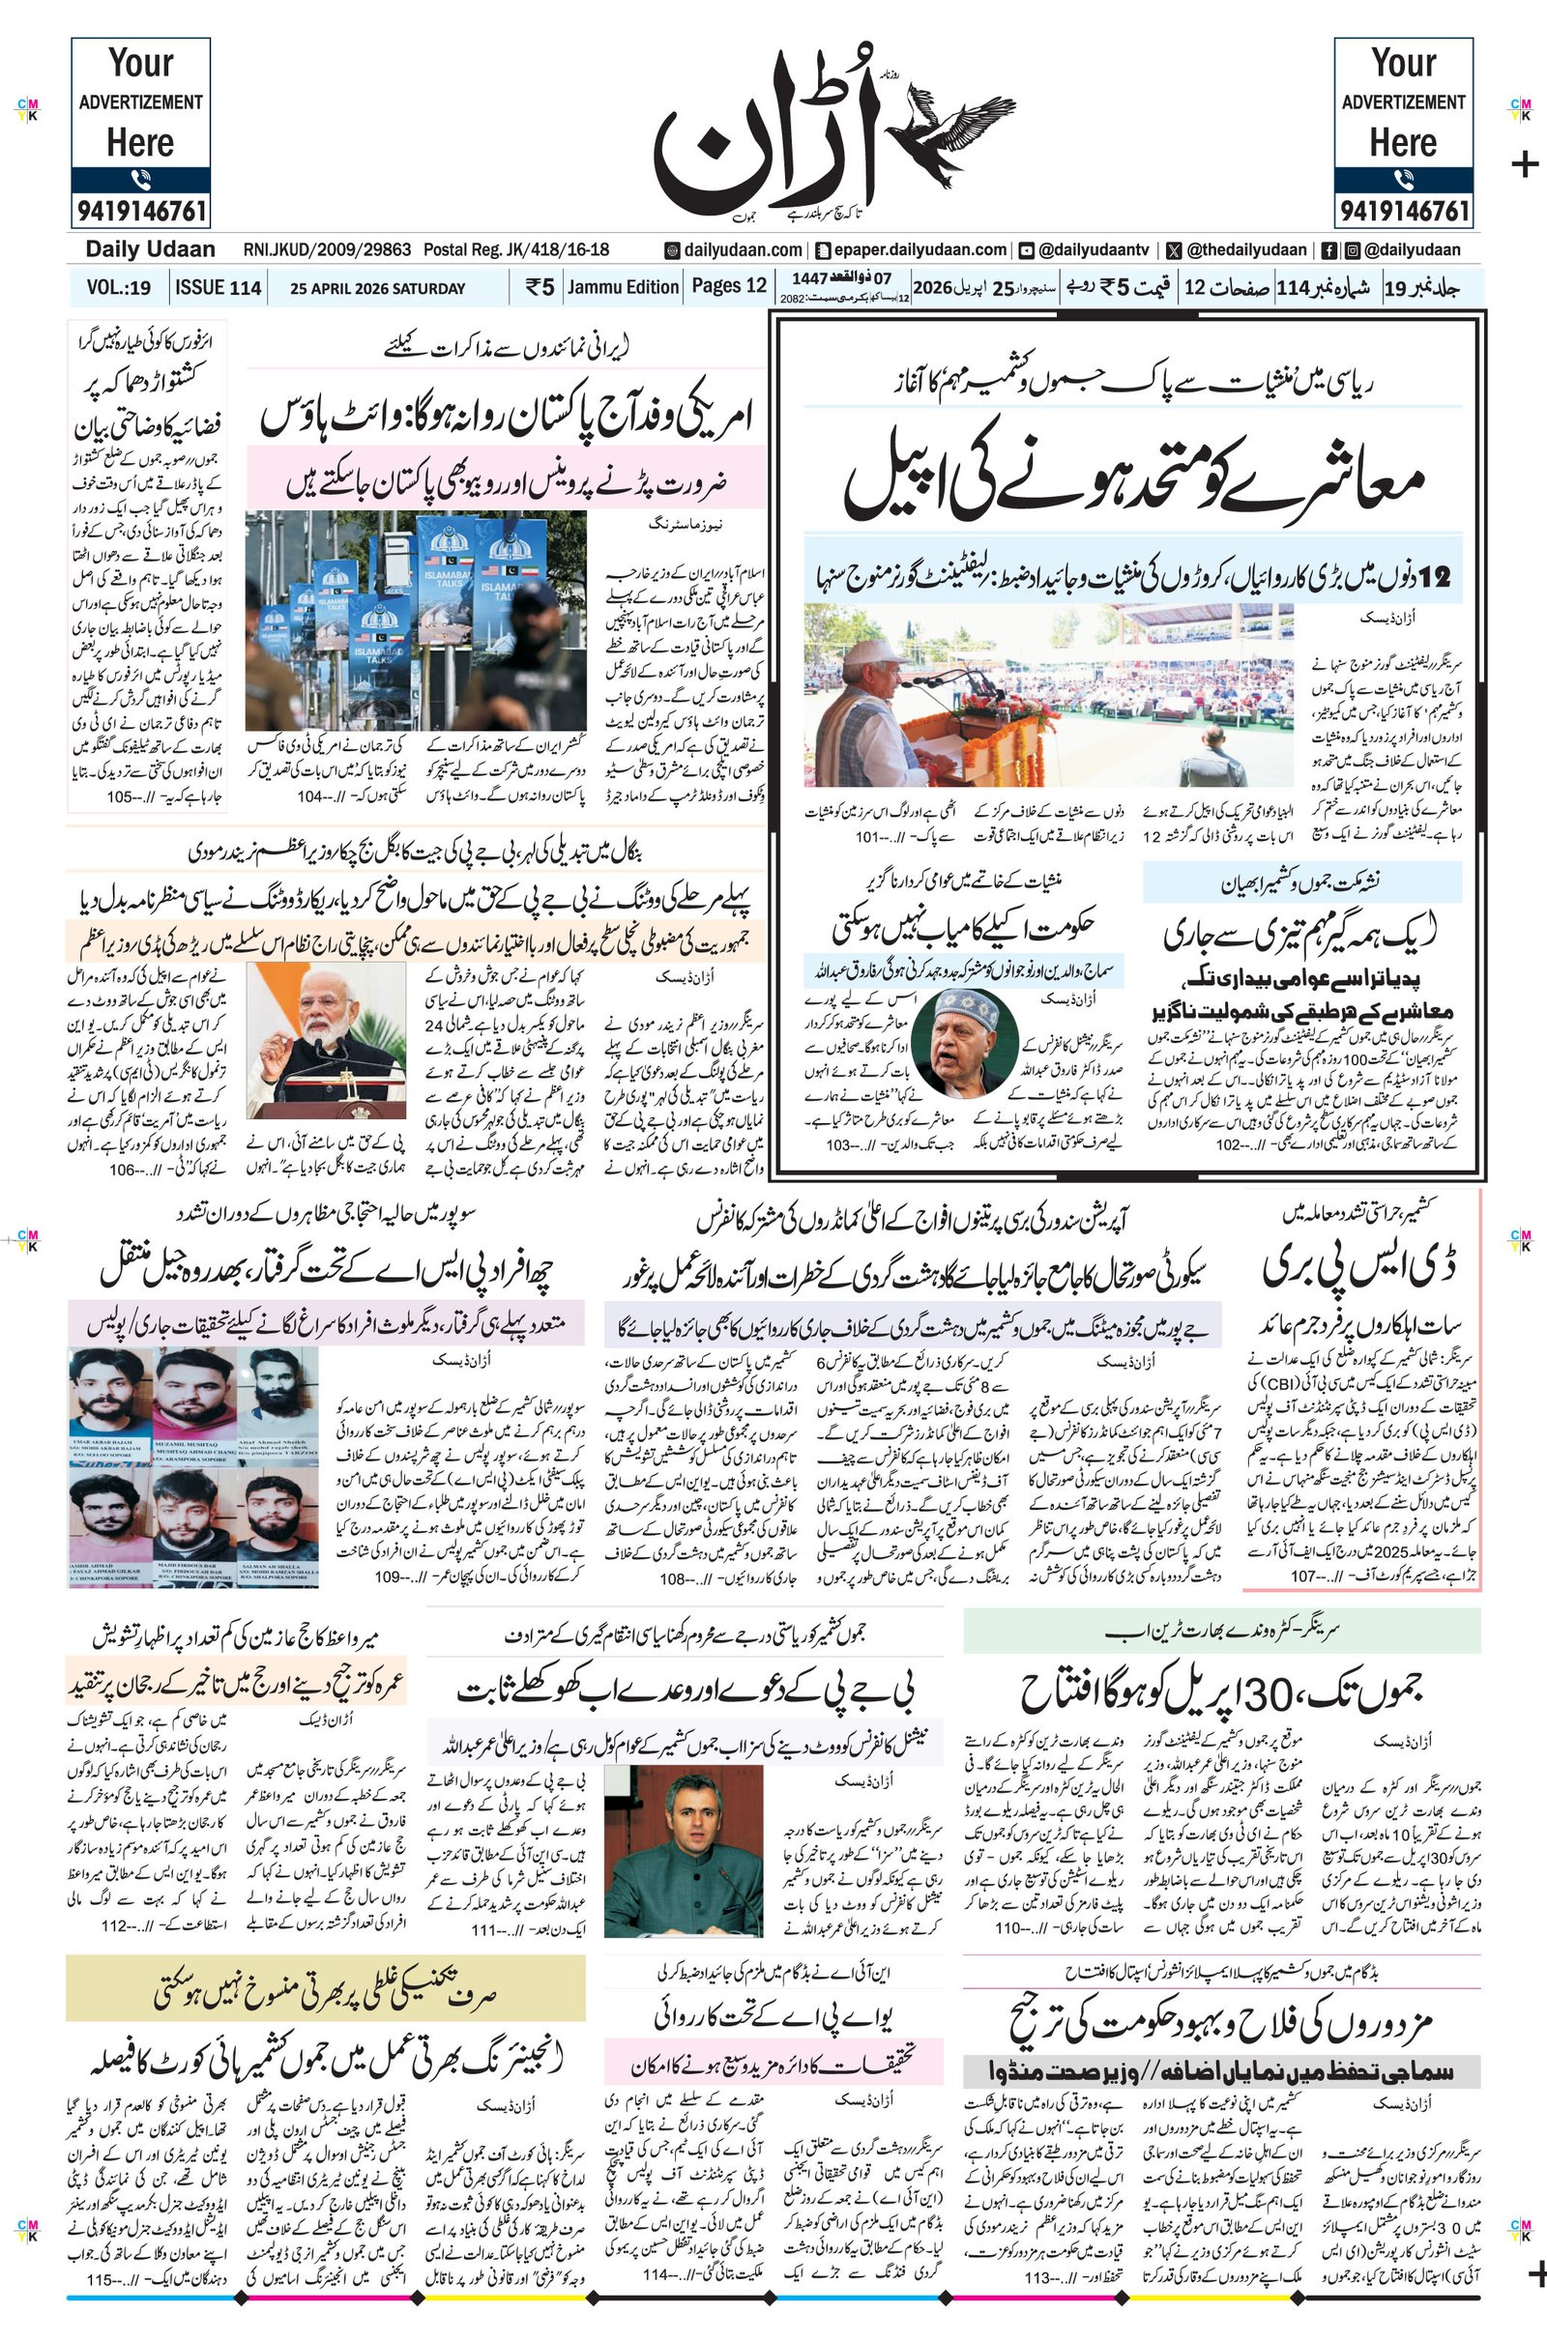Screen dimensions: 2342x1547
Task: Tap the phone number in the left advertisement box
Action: pyautogui.click(x=140, y=211)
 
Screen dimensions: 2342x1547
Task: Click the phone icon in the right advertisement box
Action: pyautogui.click(x=1403, y=180)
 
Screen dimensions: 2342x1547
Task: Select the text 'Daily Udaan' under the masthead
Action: pyautogui.click(x=150, y=249)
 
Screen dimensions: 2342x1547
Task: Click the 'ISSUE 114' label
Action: pyautogui.click(x=219, y=288)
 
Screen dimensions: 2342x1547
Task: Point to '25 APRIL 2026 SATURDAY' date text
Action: pyautogui.click(x=378, y=289)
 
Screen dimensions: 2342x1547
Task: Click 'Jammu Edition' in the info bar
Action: pyautogui.click(x=624, y=287)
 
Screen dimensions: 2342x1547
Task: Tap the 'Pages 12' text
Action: pyautogui.click(x=728, y=286)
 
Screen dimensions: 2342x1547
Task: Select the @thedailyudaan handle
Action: pyautogui.click(x=1246, y=250)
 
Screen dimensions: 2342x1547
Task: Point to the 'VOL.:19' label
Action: pyautogui.click(x=118, y=288)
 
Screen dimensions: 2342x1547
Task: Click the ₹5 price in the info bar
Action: pyautogui.click(x=540, y=288)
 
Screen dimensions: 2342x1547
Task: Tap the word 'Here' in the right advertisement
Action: pyautogui.click(x=1403, y=143)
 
